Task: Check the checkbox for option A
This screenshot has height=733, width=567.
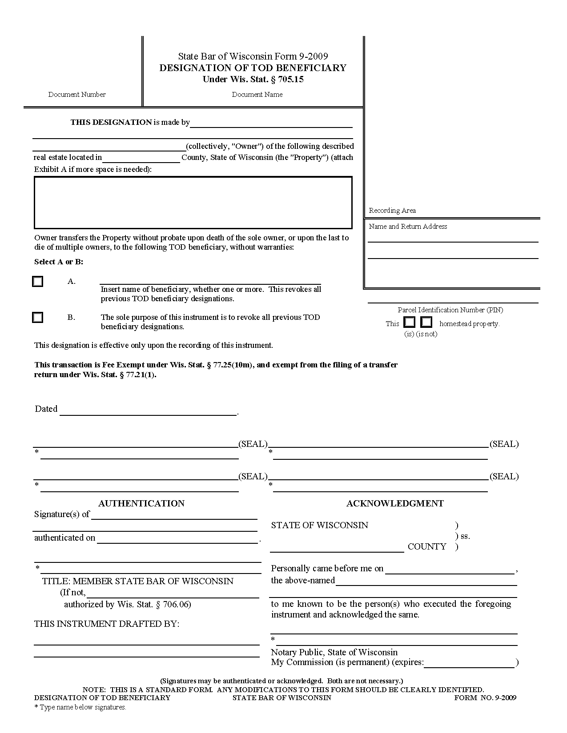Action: [x=38, y=282]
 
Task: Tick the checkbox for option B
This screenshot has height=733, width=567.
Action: [x=38, y=318]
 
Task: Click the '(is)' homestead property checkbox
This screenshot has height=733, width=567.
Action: [x=409, y=322]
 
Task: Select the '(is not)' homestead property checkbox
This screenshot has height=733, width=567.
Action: [x=426, y=322]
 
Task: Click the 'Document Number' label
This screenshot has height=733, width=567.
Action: [x=77, y=94]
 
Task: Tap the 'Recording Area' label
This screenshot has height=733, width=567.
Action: [x=392, y=211]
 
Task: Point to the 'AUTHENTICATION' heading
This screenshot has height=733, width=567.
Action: [x=141, y=503]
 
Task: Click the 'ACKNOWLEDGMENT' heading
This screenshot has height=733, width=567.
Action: [x=395, y=503]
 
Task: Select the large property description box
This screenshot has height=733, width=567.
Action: [x=193, y=203]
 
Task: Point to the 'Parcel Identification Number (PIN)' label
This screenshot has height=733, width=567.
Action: [x=450, y=310]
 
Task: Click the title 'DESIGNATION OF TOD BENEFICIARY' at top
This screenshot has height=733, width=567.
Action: [x=253, y=68]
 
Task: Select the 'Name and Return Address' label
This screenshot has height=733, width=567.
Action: [x=408, y=227]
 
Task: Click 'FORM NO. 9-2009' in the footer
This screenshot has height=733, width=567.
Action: [x=485, y=697]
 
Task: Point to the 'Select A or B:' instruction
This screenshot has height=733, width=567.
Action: [x=59, y=262]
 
